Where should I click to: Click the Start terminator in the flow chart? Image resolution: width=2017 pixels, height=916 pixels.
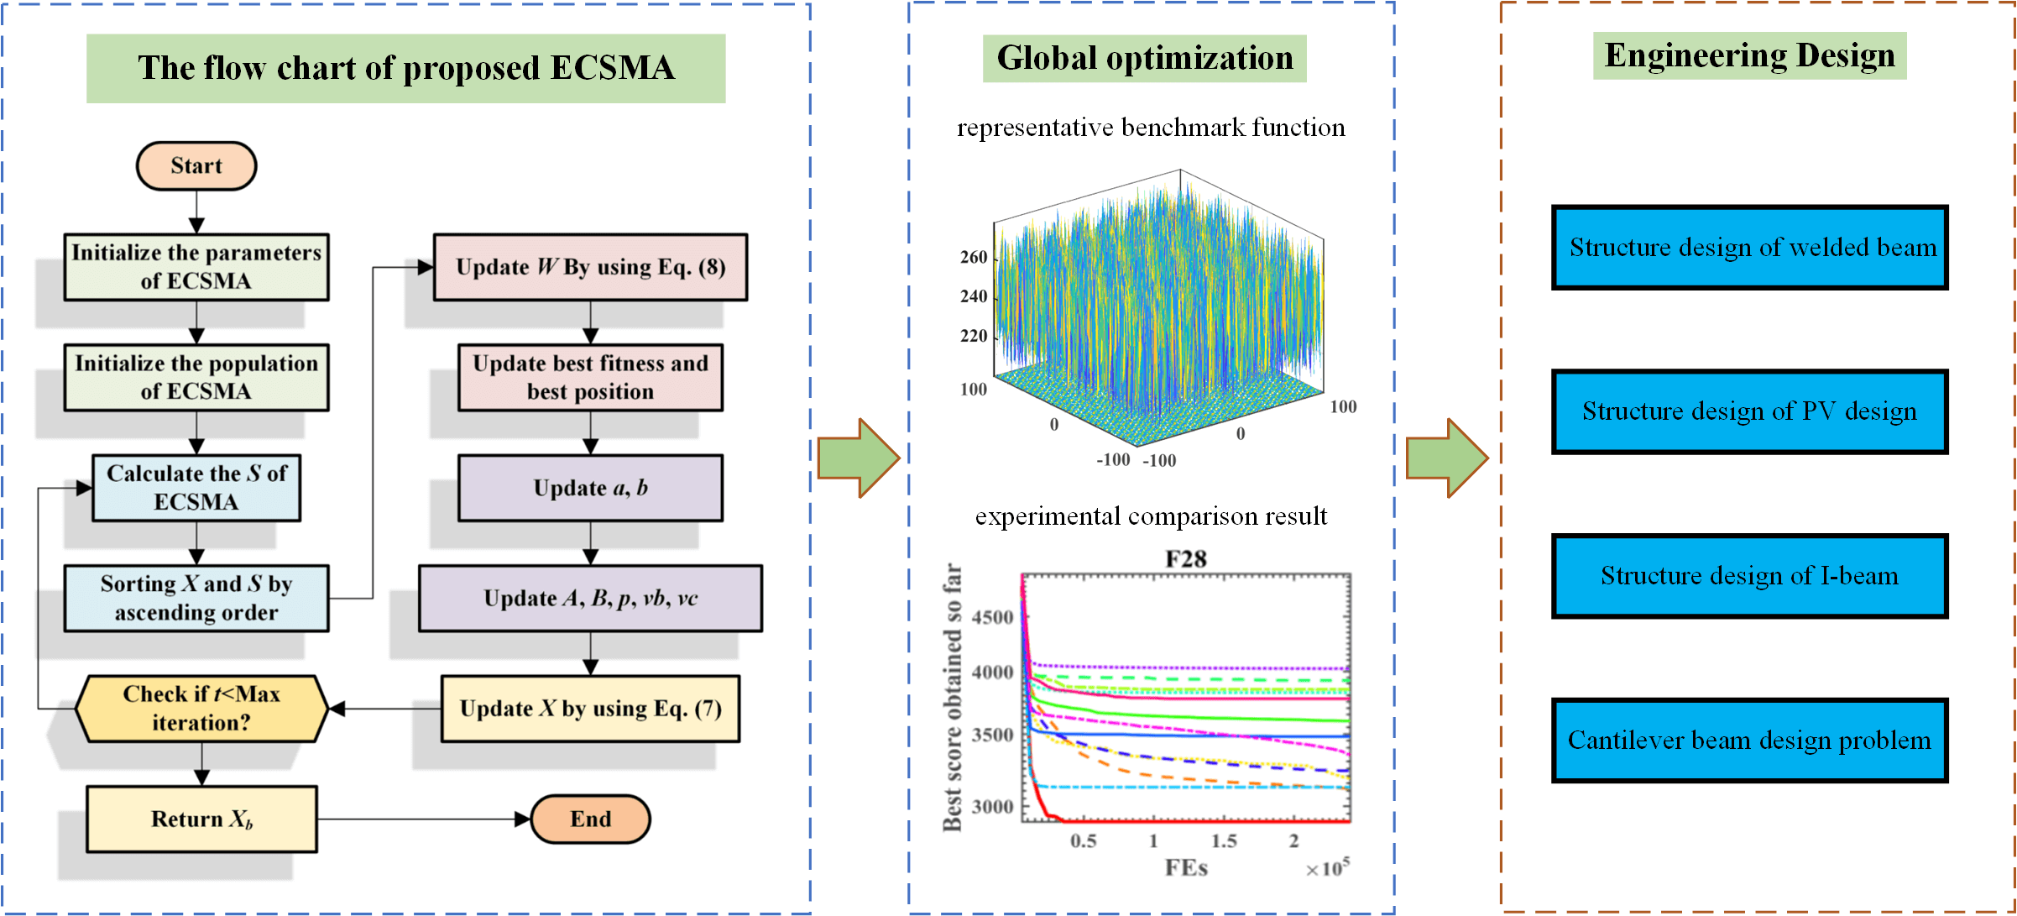click(x=196, y=166)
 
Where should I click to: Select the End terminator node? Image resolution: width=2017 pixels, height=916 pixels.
click(x=590, y=819)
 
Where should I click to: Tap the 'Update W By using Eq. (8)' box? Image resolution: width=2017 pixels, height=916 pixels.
click(x=590, y=267)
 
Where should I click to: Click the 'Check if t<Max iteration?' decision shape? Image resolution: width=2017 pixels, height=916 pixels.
click(x=201, y=709)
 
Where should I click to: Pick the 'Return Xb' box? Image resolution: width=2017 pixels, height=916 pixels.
click(x=201, y=819)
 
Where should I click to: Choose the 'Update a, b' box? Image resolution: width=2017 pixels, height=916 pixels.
click(x=590, y=488)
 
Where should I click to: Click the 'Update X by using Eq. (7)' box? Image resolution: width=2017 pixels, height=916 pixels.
click(x=590, y=709)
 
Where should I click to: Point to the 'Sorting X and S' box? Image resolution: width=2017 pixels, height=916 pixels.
click(x=196, y=598)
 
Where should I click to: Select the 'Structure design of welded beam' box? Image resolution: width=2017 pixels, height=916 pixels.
click(x=1749, y=248)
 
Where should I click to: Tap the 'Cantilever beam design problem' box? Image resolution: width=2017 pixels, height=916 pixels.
click(x=1749, y=741)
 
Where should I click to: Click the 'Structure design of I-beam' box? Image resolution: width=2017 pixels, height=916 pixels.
click(x=1749, y=576)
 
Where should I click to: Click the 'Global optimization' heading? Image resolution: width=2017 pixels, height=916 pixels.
click(x=1144, y=59)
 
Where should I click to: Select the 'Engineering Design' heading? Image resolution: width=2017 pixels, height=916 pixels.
click(x=1749, y=56)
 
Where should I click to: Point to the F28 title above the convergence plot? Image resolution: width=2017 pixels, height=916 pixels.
click(x=1185, y=559)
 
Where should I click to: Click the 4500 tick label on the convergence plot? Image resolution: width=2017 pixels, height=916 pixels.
click(x=992, y=618)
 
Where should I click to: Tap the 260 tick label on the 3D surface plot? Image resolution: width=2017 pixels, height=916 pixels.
click(x=974, y=258)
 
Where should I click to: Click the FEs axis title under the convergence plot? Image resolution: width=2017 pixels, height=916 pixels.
click(x=1185, y=867)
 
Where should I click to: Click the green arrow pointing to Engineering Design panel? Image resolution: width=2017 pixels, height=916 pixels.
click(x=1446, y=458)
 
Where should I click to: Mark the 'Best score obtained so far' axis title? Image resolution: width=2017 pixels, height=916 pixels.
click(x=952, y=697)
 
